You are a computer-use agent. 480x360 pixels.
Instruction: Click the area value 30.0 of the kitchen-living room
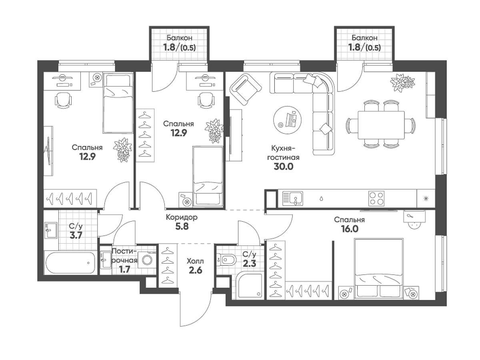(x=283, y=166)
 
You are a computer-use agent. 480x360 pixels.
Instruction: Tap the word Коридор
(x=182, y=217)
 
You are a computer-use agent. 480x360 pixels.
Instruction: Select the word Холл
(x=195, y=261)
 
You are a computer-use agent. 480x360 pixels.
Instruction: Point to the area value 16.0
(x=350, y=229)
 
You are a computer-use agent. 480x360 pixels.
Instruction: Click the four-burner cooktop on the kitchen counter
(x=376, y=198)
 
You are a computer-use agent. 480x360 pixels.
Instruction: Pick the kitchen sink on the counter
(x=292, y=198)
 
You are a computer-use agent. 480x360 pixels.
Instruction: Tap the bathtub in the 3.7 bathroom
(x=70, y=263)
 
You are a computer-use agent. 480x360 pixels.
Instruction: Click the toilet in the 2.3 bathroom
(x=226, y=260)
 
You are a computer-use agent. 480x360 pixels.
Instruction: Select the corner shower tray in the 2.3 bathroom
(x=250, y=285)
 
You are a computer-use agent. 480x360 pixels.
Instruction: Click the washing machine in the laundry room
(x=147, y=260)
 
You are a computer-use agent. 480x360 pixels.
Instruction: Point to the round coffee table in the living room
(x=287, y=120)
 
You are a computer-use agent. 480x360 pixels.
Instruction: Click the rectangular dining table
(x=381, y=125)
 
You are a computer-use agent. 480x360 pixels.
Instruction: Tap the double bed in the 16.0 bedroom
(x=379, y=268)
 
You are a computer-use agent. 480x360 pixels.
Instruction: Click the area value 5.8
(x=182, y=226)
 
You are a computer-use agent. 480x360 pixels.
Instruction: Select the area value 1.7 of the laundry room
(x=124, y=270)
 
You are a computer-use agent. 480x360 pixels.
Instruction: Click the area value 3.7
(x=76, y=236)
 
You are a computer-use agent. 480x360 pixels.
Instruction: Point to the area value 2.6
(x=195, y=271)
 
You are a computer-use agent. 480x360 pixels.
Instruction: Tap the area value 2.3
(x=250, y=264)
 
